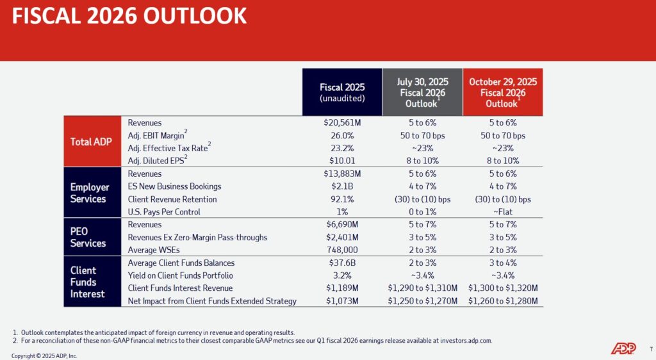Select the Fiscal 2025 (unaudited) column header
pos(342,92)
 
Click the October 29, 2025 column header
pos(503,92)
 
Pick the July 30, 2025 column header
pos(422,92)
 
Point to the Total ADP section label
pos(92,142)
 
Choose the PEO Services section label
pos(88,237)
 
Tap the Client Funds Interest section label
pos(84,282)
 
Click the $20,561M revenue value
pos(343,123)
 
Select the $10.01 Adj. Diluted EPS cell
pos(343,161)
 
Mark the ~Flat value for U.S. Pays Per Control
pos(503,212)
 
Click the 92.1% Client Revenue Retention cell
pos(343,199)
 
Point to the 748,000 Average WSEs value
pos(343,250)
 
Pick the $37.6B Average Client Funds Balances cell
pos(343,263)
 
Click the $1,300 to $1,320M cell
pos(503,288)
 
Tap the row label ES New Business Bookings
pos(174,186)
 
